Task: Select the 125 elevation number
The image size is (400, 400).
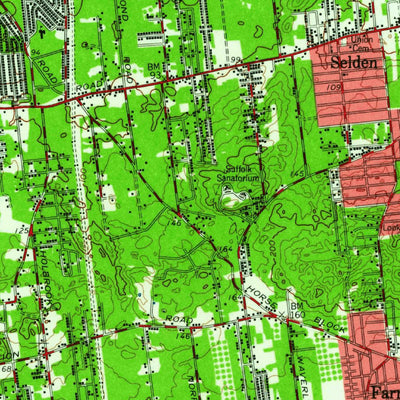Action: coord(20,232)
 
